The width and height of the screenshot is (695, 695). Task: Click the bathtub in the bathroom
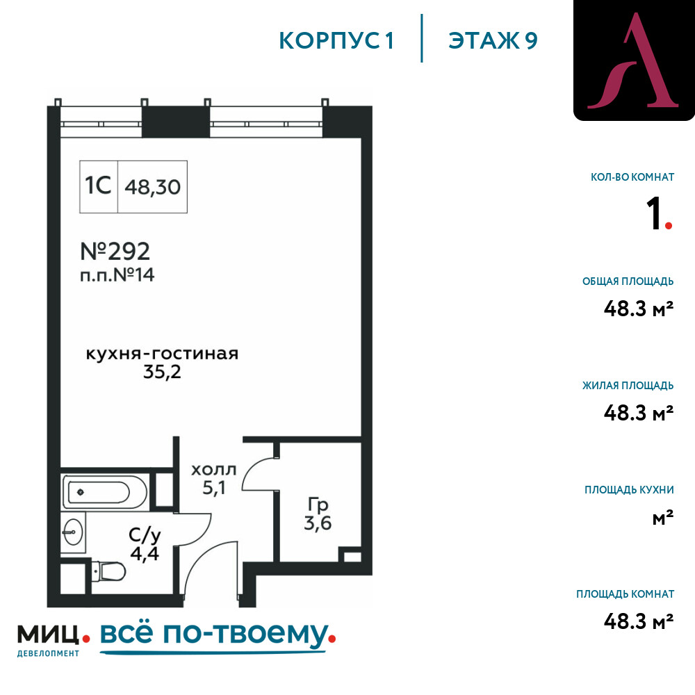coord(105,492)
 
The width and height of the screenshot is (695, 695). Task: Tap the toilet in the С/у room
coord(108,571)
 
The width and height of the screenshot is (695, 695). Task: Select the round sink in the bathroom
coord(73,532)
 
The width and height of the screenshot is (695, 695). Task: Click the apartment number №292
coord(115,252)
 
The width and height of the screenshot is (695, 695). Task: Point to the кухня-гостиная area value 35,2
coord(162,372)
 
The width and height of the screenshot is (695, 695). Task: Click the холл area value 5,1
coord(214,488)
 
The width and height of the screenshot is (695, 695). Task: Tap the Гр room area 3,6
coord(318,523)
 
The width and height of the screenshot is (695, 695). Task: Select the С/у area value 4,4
coord(145,554)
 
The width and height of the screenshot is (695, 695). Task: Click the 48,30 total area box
coord(152,187)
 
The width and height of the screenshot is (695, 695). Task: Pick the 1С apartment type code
coord(98,186)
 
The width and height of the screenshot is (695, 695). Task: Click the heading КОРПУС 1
coord(336,40)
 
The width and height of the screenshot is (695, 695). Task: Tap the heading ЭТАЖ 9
coord(493,40)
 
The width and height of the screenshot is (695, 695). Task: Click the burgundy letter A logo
coord(633,60)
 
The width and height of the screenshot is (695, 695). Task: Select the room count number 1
coord(654,213)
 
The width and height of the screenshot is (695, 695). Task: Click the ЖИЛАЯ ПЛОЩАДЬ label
coord(628,385)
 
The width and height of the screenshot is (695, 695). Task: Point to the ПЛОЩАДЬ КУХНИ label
coord(630,490)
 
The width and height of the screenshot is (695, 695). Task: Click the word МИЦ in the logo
coord(49,635)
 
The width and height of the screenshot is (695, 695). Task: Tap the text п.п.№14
coord(117,275)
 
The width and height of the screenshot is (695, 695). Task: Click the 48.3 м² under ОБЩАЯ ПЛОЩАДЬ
coord(639,308)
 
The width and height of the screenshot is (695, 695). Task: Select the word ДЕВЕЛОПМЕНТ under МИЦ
coord(49,653)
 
